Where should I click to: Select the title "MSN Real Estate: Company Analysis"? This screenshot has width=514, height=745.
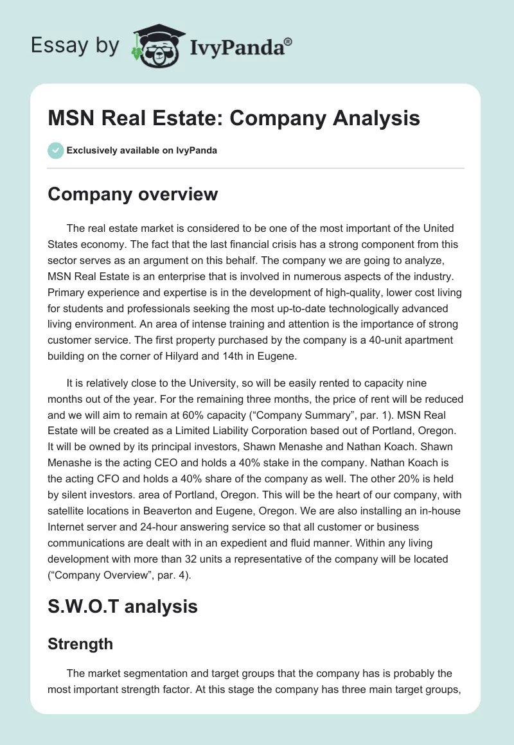coord(234,118)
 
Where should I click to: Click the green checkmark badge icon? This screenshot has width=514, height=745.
coord(55,150)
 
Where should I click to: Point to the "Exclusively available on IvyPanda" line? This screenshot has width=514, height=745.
coord(141,150)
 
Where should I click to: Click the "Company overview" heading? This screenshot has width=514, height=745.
coord(133,194)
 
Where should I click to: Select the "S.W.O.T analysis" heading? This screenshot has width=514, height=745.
coord(123,606)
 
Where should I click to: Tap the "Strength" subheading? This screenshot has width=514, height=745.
coord(80,644)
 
